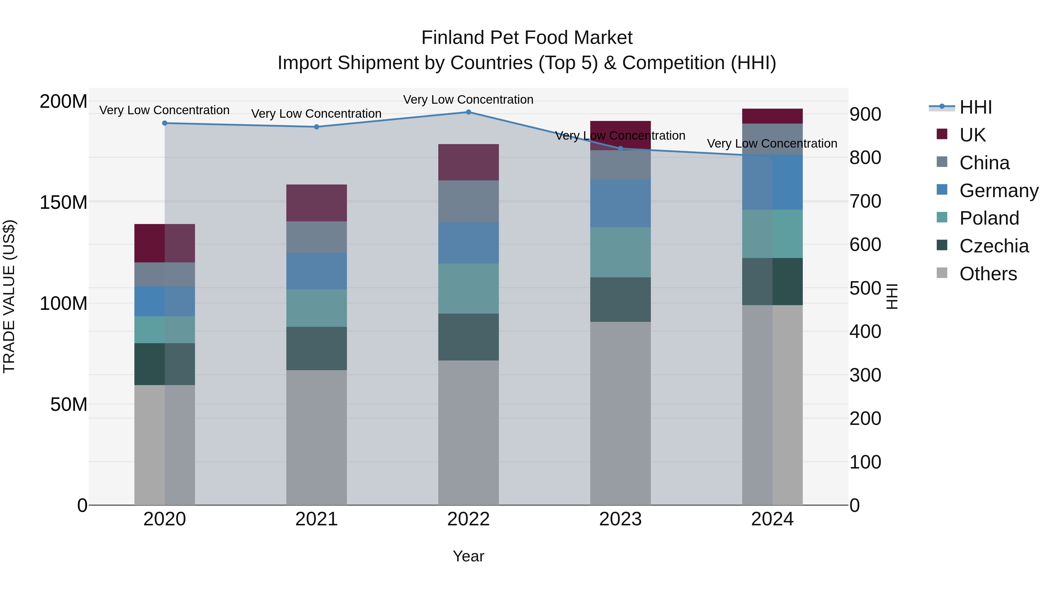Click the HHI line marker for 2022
click(468, 112)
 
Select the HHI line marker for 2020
click(165, 123)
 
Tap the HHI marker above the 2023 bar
click(620, 148)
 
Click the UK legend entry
click(972, 135)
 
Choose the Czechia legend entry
click(993, 246)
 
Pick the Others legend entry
click(988, 274)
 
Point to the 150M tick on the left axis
click(64, 202)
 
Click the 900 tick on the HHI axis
click(865, 114)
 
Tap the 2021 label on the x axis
click(316, 519)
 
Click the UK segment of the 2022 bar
click(468, 162)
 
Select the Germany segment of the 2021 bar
click(316, 271)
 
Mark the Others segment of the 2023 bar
click(620, 413)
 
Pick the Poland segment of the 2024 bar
click(772, 234)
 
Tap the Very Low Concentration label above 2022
click(468, 100)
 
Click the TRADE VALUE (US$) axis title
click(9, 296)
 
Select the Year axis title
click(468, 556)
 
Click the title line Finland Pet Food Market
click(527, 38)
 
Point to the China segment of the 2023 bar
click(620, 165)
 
